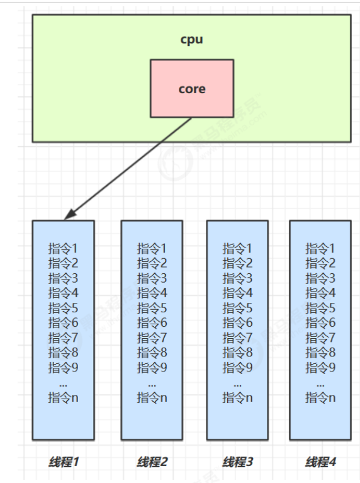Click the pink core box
191,104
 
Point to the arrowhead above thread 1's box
69,215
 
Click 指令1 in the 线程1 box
64,248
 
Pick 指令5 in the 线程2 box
152,308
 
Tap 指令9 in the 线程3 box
237,367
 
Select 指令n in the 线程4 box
320,397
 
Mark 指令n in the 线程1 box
64,397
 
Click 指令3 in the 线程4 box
320,278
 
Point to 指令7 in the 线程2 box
152,338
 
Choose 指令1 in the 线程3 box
237,248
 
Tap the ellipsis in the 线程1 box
64,383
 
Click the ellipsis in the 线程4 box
320,383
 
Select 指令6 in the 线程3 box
237,322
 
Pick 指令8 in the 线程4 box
320,353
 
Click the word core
191,89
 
